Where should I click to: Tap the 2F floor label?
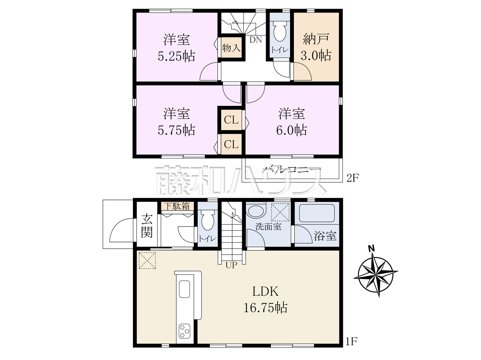click(x=352, y=178)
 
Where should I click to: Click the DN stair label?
click(x=256, y=40)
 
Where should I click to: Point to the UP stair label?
click(x=231, y=266)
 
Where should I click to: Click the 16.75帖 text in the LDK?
click(x=265, y=308)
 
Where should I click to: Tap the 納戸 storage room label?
click(x=316, y=39)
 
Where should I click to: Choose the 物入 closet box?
click(x=231, y=48)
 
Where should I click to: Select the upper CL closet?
click(x=231, y=120)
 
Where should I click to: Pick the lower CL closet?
click(x=231, y=144)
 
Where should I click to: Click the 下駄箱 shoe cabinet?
click(x=177, y=206)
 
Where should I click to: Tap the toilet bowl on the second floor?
click(x=280, y=31)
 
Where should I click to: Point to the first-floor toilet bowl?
click(x=207, y=219)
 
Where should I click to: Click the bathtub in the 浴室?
click(x=317, y=213)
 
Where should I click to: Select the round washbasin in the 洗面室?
click(x=256, y=210)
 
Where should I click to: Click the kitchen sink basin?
click(x=185, y=289)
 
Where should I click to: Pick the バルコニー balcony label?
click(x=292, y=169)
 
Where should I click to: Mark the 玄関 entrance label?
click(x=147, y=226)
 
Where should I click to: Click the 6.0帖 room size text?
click(x=292, y=130)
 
